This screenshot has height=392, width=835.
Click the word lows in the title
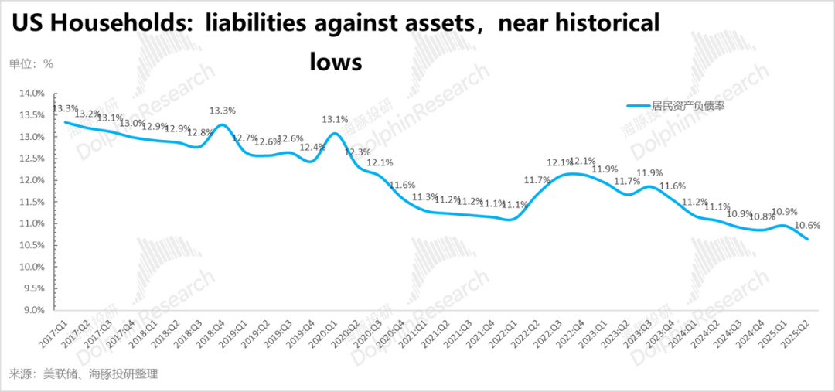pyautogui.click(x=336, y=61)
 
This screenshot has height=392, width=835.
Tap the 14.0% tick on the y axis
pyautogui.click(x=32, y=94)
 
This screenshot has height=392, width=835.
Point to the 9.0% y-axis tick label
pyautogui.click(x=34, y=310)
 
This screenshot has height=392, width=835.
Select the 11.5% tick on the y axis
pyautogui.click(x=32, y=202)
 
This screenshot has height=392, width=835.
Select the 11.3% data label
pyautogui.click(x=424, y=197)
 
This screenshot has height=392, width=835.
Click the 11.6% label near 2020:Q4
pyautogui.click(x=401, y=185)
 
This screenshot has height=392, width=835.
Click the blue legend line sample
pyautogui.click(x=638, y=106)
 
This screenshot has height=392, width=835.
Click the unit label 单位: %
pyautogui.click(x=31, y=64)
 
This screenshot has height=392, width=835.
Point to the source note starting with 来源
pyautogui.click(x=83, y=373)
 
